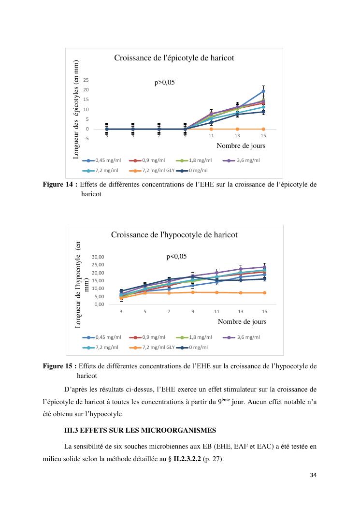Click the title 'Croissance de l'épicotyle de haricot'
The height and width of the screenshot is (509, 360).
click(x=174, y=58)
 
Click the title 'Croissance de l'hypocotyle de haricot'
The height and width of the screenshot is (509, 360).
click(x=174, y=235)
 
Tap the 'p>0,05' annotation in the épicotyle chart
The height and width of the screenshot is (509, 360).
click(x=164, y=83)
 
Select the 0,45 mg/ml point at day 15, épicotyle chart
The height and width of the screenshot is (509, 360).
click(x=263, y=91)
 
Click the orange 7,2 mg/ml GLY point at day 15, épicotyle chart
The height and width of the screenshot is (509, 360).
click(x=263, y=129)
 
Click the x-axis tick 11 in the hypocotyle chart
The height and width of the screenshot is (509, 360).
click(x=217, y=312)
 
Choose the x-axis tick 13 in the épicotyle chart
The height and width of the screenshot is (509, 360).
click(x=237, y=136)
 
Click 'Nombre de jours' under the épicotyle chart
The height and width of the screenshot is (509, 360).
click(x=241, y=145)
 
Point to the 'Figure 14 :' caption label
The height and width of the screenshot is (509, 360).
click(x=60, y=184)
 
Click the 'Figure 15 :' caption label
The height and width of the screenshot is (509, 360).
click(x=60, y=366)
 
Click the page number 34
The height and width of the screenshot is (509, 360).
click(x=313, y=476)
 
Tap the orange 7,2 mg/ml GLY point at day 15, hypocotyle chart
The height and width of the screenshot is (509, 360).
click(x=264, y=293)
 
